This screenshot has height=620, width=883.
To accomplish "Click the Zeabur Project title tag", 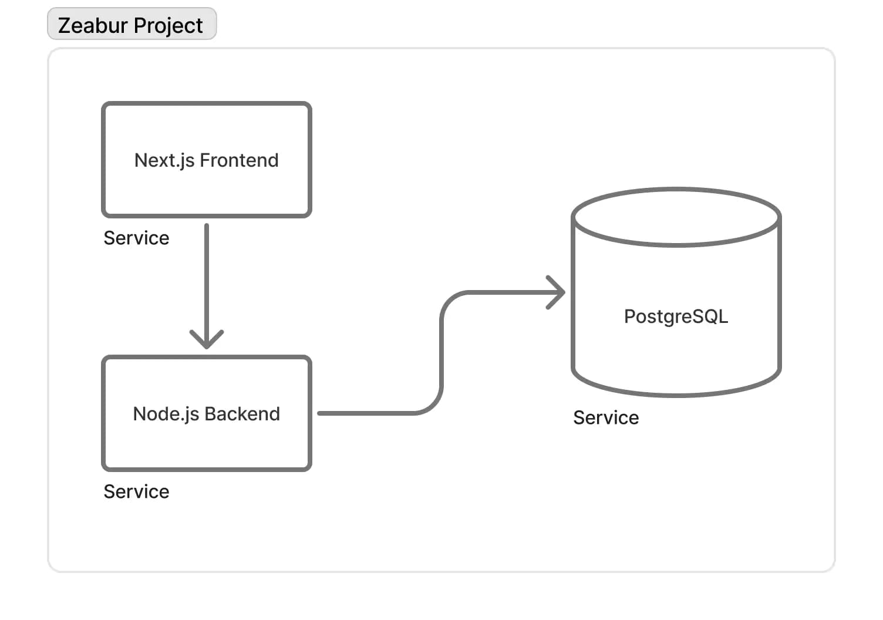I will click(132, 24).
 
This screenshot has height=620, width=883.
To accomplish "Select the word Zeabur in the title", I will click(93, 25).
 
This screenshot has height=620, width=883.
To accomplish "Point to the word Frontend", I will click(239, 160).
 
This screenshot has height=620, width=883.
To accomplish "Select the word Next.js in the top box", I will click(164, 160).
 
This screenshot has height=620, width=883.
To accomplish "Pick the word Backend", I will click(242, 414).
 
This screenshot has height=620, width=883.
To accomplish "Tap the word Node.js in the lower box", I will click(166, 414).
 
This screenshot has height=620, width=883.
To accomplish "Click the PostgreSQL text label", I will click(676, 316).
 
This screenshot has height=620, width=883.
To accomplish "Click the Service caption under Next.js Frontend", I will click(136, 238).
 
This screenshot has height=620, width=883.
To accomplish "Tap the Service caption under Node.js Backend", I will click(136, 491).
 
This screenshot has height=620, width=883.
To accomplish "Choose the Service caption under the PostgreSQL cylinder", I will click(606, 417).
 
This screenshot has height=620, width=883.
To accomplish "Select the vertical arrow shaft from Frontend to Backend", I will click(207, 276).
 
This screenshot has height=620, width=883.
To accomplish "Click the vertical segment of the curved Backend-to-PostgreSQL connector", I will click(441, 352).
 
